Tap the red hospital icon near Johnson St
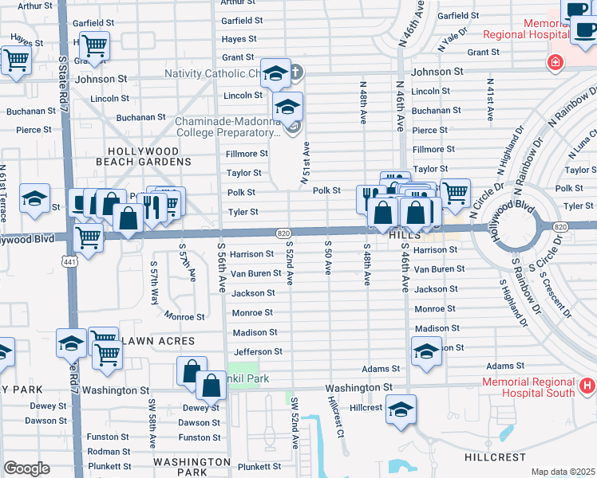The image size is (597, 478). point(554,62)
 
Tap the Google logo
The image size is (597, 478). point(26,468)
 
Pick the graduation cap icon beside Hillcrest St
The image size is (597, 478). point(401,408)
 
